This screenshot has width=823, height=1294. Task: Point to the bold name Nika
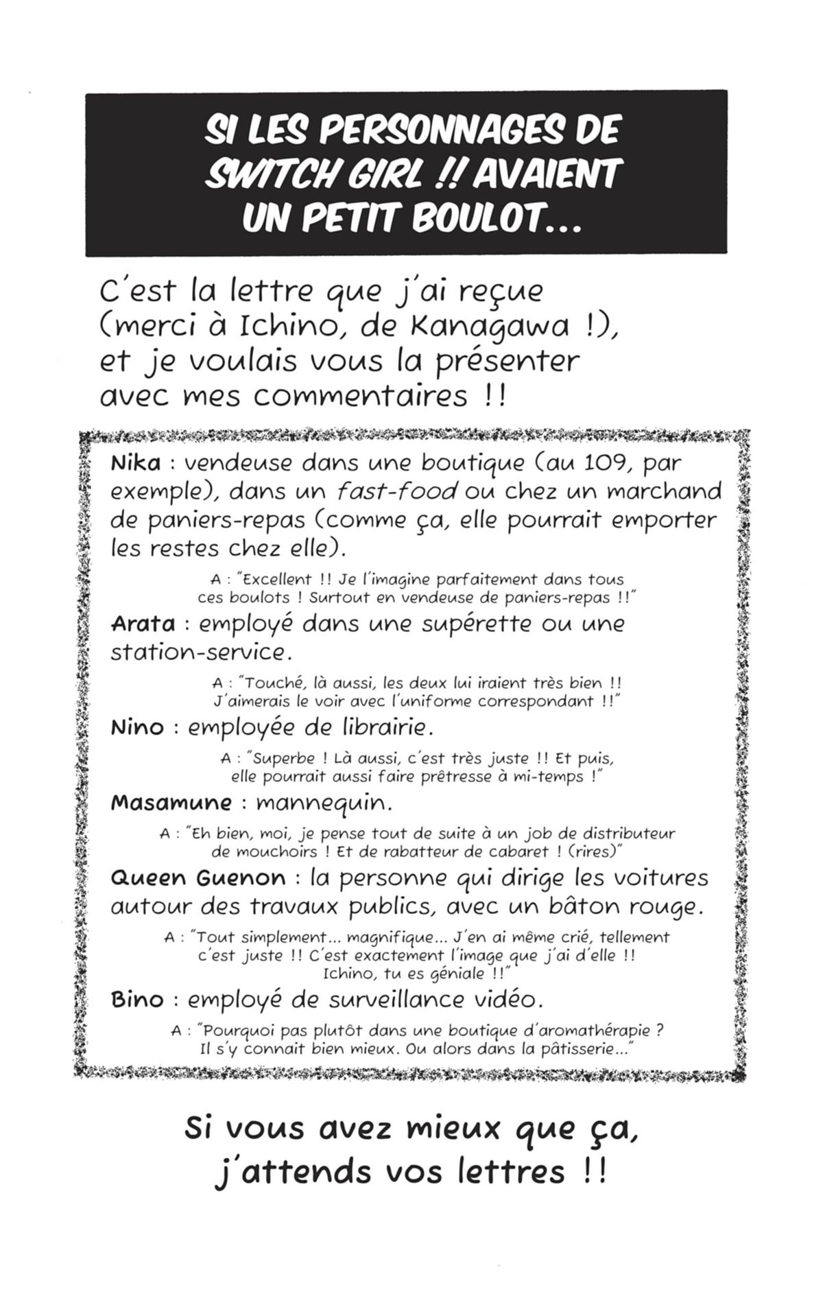click(135, 463)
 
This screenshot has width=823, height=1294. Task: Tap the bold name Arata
click(142, 624)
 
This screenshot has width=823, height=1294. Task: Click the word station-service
click(197, 652)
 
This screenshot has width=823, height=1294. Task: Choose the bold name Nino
click(137, 727)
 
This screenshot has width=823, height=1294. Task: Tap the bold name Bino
click(137, 1000)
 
